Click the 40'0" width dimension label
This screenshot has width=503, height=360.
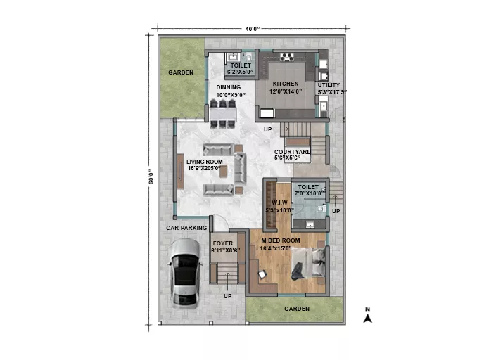tap(253, 29)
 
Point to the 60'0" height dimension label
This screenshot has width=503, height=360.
tap(151, 179)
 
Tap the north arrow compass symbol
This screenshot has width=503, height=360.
tap(368, 315)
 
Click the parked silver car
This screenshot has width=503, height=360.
tap(185, 274)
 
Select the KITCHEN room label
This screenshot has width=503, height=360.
tap(286, 84)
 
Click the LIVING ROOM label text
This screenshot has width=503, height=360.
tap(205, 162)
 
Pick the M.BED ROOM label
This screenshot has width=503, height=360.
tap(281, 240)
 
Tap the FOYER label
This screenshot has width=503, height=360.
tap(223, 243)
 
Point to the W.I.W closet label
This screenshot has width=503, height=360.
tap(280, 202)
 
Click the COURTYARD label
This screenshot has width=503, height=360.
tap(293, 152)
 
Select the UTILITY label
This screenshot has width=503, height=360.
tap(329, 85)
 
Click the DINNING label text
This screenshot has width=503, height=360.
tap(229, 87)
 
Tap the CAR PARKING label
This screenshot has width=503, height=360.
tap(186, 228)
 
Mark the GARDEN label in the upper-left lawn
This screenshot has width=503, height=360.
tap(181, 72)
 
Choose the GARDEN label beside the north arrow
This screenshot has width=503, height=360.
tap(297, 309)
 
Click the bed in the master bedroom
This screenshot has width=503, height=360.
tap(309, 264)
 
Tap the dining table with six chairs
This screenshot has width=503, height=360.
tap(223, 114)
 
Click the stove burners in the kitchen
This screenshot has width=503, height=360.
tap(287, 58)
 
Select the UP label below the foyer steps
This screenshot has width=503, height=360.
tap(228, 296)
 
